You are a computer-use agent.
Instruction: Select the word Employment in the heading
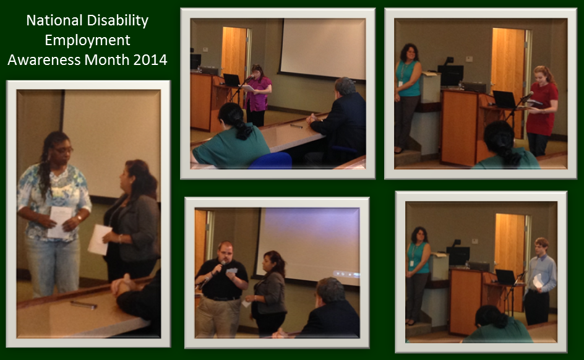click(x=87, y=41)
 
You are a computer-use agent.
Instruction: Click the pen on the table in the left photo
click(x=84, y=305)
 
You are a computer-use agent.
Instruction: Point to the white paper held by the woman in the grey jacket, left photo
click(x=99, y=239)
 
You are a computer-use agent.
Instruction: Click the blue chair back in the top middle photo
click(x=271, y=160)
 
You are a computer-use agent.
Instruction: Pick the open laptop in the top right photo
click(x=504, y=100)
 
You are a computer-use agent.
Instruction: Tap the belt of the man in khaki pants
click(x=221, y=298)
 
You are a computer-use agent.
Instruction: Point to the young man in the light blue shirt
click(x=539, y=281)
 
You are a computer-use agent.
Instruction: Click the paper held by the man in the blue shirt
click(x=538, y=281)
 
